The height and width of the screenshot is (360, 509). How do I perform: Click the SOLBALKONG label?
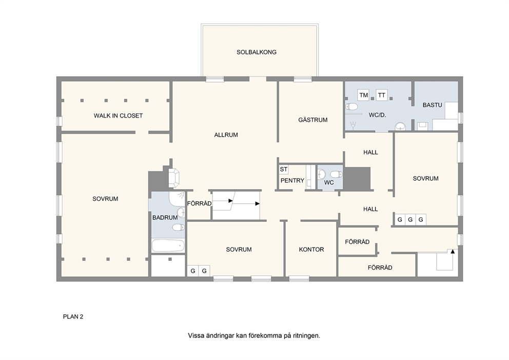(257, 52)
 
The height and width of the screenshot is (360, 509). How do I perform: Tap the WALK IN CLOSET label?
(118, 116)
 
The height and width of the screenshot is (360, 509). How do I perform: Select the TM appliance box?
(364, 95)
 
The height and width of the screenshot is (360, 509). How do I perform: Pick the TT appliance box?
(382, 95)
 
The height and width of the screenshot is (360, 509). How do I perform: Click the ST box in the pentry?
(284, 169)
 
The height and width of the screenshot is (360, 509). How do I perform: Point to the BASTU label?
(433, 105)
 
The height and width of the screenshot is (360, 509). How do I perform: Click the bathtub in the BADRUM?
(168, 246)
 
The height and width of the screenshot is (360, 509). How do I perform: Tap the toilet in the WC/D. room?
(351, 107)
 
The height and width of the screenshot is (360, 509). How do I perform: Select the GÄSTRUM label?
(313, 120)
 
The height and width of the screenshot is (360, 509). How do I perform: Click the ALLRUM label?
(226, 135)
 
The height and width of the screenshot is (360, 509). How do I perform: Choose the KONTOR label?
(311, 250)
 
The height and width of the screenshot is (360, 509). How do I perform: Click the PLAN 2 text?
(73, 317)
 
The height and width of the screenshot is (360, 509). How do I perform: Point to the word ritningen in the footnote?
(306, 336)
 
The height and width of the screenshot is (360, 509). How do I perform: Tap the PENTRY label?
(292, 181)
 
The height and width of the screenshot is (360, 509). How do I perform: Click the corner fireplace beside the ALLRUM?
(174, 178)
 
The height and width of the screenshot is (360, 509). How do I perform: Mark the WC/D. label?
(377, 115)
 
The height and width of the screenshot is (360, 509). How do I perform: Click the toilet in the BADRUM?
(178, 227)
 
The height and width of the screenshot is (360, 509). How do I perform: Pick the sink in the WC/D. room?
(401, 126)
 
